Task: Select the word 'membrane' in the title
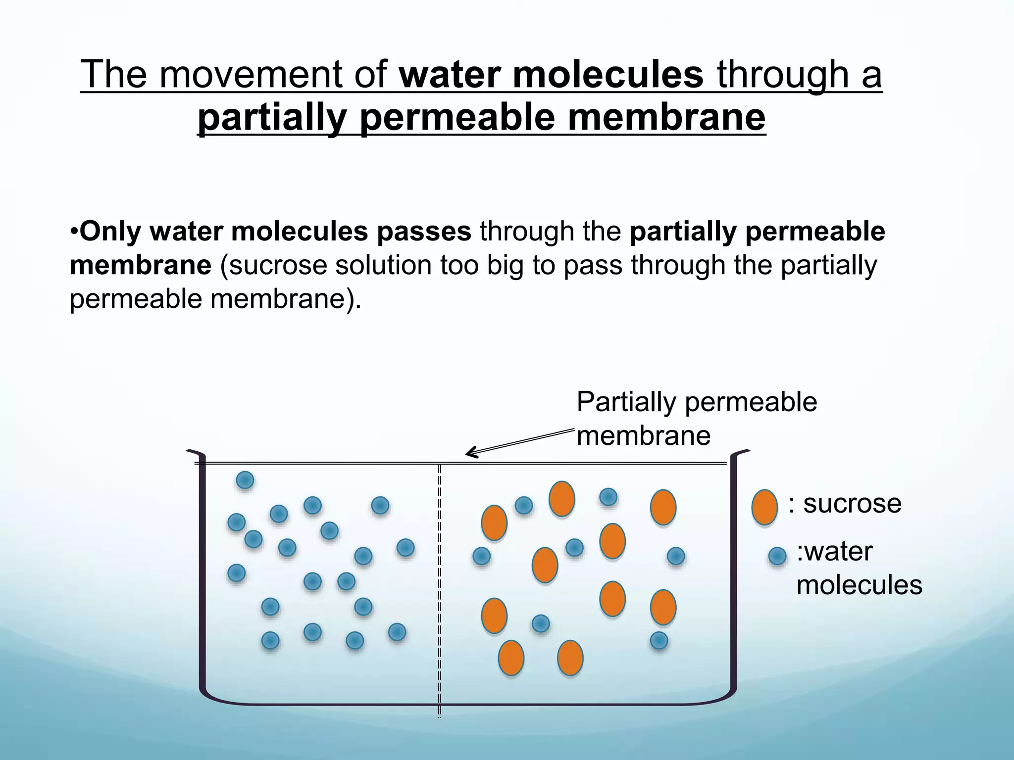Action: (666, 117)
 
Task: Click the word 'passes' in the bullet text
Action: (424, 231)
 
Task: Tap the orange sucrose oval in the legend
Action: (764, 507)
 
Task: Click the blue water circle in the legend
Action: (777, 556)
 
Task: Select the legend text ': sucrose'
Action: (845, 504)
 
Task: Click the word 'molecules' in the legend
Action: (859, 585)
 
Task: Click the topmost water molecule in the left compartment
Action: (245, 480)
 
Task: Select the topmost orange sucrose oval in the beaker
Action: (561, 499)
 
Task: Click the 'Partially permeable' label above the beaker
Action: (697, 402)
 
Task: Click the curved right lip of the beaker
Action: (740, 453)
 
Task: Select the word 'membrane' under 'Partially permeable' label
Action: (644, 436)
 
